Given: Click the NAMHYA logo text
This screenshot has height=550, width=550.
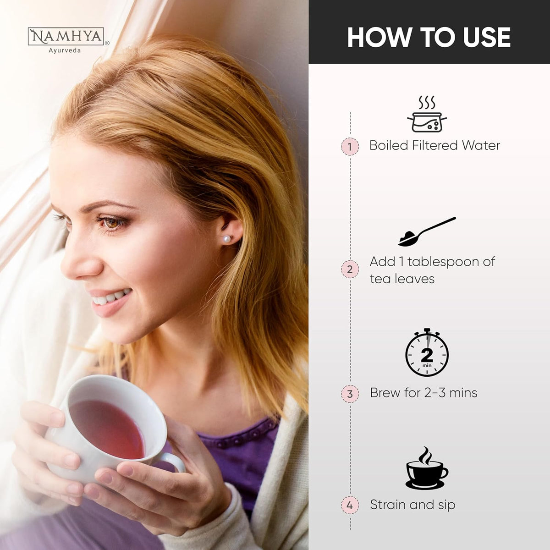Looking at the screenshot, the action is (66, 37).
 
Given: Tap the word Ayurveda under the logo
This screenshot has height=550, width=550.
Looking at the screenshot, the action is (65, 50).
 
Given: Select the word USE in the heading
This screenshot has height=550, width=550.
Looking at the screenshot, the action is (487, 37).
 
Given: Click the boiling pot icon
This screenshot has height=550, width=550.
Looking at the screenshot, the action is (427, 114).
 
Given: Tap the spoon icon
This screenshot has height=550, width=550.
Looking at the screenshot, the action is (427, 232).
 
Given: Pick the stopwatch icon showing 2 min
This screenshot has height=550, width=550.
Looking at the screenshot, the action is (427, 352).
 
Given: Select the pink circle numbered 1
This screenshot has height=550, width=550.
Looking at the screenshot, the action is (350, 147).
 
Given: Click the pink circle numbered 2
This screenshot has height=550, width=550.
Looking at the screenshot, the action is (350, 269).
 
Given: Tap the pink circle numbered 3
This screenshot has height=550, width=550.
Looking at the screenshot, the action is (350, 394).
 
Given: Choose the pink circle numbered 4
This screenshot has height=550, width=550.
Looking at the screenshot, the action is (350, 505).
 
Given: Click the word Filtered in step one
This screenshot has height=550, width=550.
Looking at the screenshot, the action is (435, 145).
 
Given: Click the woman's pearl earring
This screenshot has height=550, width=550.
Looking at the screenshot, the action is (226, 238).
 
